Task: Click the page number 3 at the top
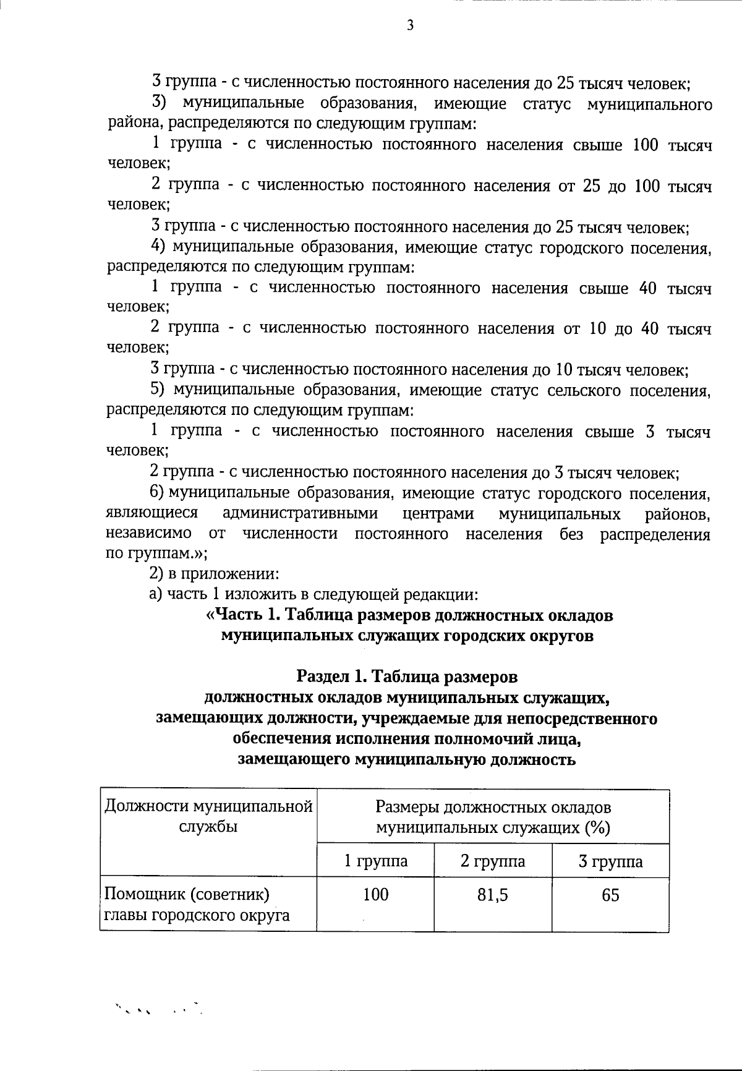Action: click(x=409, y=25)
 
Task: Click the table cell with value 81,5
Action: click(x=493, y=895)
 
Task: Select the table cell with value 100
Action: click(x=375, y=895)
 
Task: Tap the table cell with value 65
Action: click(x=610, y=895)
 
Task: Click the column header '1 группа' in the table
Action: click(x=375, y=861)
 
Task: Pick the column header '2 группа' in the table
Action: click(x=493, y=861)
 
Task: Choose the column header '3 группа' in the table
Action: click(x=610, y=861)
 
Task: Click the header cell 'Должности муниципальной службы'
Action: click(x=208, y=816)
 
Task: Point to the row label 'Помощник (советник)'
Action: click(x=187, y=894)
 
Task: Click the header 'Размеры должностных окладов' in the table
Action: click(x=493, y=808)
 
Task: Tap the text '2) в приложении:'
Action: click(x=214, y=574)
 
